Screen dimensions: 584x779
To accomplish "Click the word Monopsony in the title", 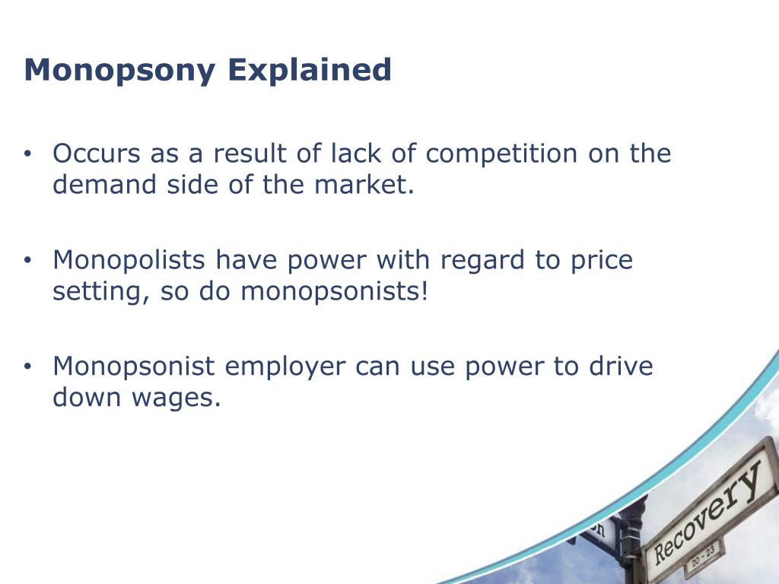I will click(119, 71).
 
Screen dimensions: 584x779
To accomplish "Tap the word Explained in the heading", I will click(309, 71).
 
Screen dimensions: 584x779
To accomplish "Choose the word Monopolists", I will click(129, 260).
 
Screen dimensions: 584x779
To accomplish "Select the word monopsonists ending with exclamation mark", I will click(335, 292).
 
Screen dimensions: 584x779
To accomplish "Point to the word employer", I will click(285, 367).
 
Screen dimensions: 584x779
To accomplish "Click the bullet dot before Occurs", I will click(27, 155).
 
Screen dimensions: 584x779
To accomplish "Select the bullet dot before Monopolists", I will click(27, 262).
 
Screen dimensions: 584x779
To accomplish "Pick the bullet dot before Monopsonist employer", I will click(27, 368).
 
